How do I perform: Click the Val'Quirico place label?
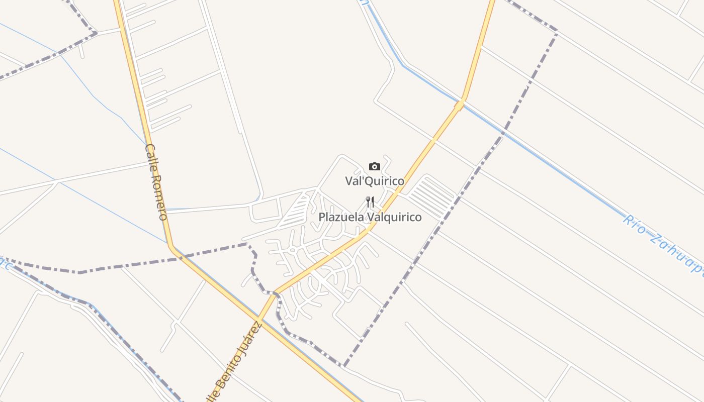[375, 181]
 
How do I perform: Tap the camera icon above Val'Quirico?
[375, 167]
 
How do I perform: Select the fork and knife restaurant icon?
[370, 202]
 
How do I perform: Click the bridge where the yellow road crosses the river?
[460, 105]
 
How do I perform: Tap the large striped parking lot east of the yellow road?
[431, 197]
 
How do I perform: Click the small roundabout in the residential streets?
[292, 249]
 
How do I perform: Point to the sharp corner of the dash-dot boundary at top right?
[557, 32]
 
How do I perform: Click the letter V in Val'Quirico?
[348, 181]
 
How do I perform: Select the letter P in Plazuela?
[322, 217]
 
